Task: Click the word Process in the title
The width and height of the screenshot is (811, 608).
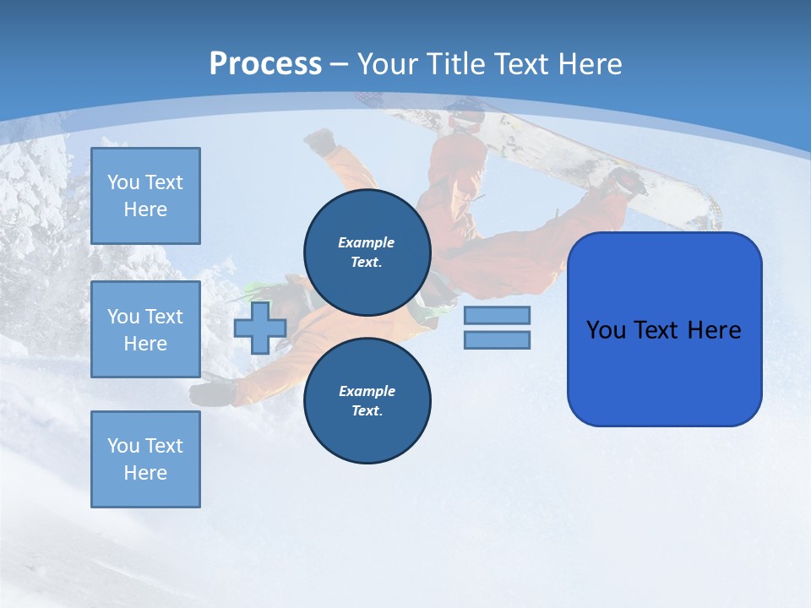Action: pyautogui.click(x=265, y=64)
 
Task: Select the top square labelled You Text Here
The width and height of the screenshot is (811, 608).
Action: pyautogui.click(x=145, y=196)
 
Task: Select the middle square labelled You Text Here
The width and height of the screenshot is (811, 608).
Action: pyautogui.click(x=145, y=329)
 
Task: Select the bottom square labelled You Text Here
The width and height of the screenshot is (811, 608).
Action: pyautogui.click(x=145, y=459)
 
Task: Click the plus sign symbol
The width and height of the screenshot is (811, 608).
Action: pyautogui.click(x=259, y=328)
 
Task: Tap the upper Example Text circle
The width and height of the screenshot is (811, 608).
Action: pyautogui.click(x=367, y=252)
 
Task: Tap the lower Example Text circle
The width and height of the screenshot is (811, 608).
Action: pyautogui.click(x=367, y=400)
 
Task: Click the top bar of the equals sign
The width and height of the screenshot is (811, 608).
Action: pyautogui.click(x=497, y=315)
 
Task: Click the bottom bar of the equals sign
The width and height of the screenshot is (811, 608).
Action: pyautogui.click(x=497, y=339)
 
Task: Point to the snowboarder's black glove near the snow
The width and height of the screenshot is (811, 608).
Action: pyautogui.click(x=211, y=393)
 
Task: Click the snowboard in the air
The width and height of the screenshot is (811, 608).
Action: pyautogui.click(x=591, y=160)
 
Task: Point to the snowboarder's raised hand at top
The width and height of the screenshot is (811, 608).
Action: pyautogui.click(x=320, y=141)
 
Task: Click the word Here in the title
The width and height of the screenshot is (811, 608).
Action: pyautogui.click(x=591, y=64)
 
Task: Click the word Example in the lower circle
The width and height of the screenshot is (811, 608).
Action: pyautogui.click(x=367, y=391)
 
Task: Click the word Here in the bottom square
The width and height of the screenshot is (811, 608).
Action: pyautogui.click(x=145, y=473)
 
